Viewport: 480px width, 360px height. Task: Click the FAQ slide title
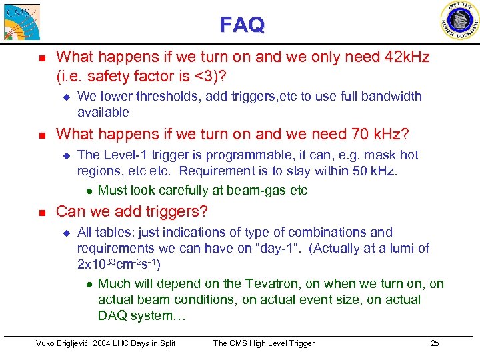coord(242,25)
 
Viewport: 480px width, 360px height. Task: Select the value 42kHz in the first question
coord(406,58)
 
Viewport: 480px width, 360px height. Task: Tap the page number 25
coord(434,343)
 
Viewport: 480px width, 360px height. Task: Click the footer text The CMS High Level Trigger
coord(263,343)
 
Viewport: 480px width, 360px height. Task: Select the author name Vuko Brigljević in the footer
coord(67,343)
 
